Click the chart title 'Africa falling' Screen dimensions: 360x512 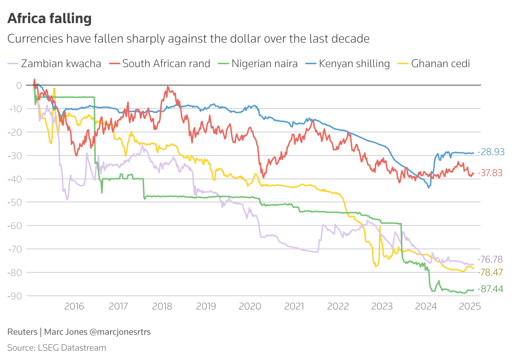(x=49, y=18)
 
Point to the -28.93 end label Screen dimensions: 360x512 (x=491, y=152)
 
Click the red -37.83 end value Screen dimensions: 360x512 (x=490, y=173)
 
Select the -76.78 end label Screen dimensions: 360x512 (x=490, y=259)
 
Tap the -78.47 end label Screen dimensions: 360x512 (x=490, y=272)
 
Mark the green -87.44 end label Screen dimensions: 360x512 (x=490, y=289)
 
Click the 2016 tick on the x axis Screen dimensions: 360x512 (x=74, y=307)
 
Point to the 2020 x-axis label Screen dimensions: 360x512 (x=250, y=307)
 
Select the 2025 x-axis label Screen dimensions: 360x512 (x=470, y=307)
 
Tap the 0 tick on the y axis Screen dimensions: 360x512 (x=19, y=85)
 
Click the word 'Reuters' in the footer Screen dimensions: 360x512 (x=22, y=332)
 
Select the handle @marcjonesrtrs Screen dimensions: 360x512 (x=120, y=332)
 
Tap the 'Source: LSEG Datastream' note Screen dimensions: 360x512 (x=57, y=348)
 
